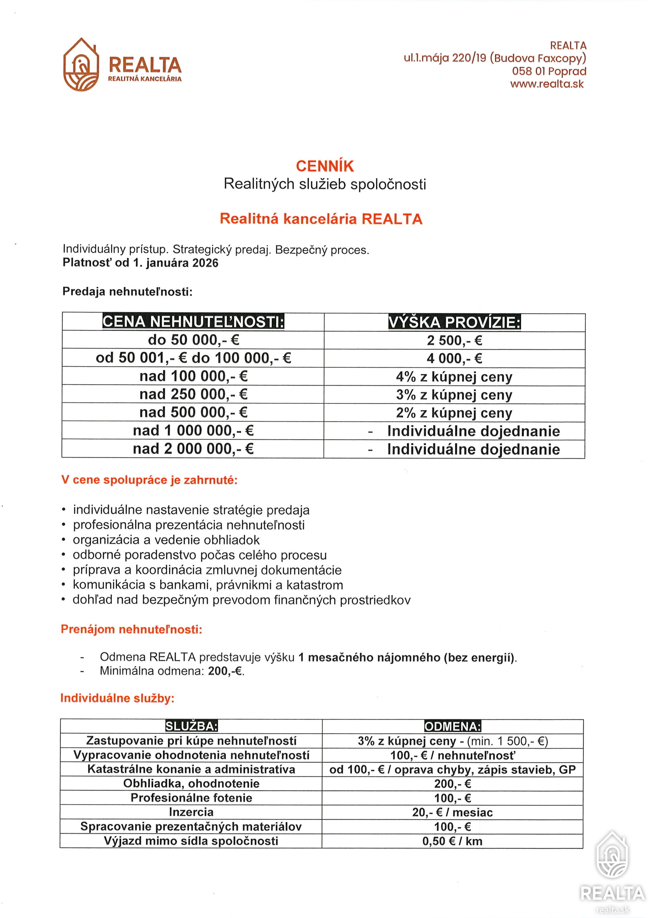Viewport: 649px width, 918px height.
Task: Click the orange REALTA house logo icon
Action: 81,65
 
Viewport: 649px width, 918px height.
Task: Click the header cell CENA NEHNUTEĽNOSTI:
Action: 193,321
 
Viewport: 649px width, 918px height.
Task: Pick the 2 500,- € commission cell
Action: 454,340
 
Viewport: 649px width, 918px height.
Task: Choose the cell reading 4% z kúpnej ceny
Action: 454,377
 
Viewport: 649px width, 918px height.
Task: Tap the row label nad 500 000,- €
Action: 193,412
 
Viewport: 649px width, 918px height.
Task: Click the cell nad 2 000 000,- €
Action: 193,449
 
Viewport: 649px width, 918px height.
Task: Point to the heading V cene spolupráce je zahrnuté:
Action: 149,480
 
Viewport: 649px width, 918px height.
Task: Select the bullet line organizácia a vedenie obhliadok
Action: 166,540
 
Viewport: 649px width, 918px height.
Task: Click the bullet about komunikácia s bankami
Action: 208,585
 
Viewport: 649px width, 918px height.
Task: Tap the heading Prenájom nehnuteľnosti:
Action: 132,629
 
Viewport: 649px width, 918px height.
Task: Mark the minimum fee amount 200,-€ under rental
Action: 226,671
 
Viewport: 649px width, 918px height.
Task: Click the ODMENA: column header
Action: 453,727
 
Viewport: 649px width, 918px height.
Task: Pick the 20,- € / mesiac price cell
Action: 453,812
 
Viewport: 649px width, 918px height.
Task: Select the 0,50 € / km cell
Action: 453,841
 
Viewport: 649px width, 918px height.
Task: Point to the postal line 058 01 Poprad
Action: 549,71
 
